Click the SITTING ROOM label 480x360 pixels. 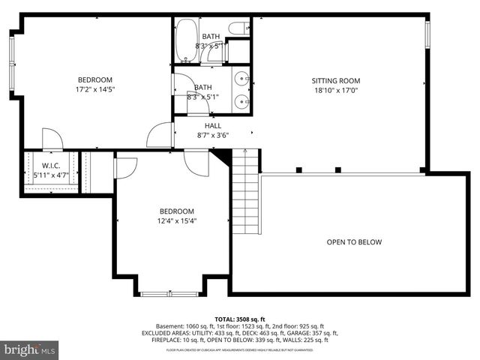point(336,81)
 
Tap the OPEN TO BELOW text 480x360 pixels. point(354,242)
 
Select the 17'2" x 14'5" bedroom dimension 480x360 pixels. point(95,90)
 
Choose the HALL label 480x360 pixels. point(213,126)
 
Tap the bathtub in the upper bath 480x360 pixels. point(187,40)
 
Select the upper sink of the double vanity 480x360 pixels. point(242,78)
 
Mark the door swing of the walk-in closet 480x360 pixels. point(51,139)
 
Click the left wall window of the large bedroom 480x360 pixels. point(11,57)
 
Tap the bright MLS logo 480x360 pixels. point(30,349)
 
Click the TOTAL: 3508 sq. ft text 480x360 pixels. point(239,318)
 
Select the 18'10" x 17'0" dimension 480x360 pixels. point(336,90)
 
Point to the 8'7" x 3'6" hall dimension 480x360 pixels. point(213,136)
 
